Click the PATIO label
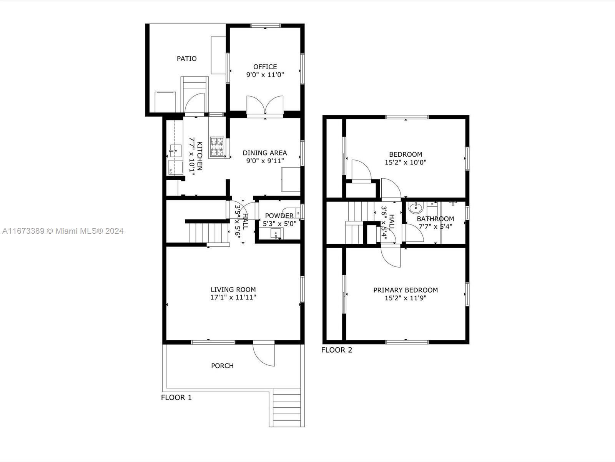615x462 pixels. point(186,59)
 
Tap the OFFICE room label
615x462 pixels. point(265,67)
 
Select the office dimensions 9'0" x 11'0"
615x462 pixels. point(265,75)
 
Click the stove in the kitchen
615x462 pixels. point(217,147)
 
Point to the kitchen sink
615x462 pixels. point(175,151)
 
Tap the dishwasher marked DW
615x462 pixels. point(176,167)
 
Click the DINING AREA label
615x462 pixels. point(265,153)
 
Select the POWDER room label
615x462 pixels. point(279,216)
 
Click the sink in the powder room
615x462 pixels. point(276,233)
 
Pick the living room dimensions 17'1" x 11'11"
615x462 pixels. point(233,297)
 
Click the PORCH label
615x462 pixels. point(222,366)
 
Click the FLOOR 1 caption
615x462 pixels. point(176,397)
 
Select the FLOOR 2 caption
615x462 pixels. point(336,350)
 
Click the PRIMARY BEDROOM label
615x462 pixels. point(406,290)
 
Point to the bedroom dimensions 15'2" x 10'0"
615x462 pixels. point(406,162)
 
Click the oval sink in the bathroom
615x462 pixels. point(416,208)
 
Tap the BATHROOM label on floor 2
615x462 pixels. point(435,219)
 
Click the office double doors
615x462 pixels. point(265,105)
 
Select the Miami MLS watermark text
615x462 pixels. point(63,231)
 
